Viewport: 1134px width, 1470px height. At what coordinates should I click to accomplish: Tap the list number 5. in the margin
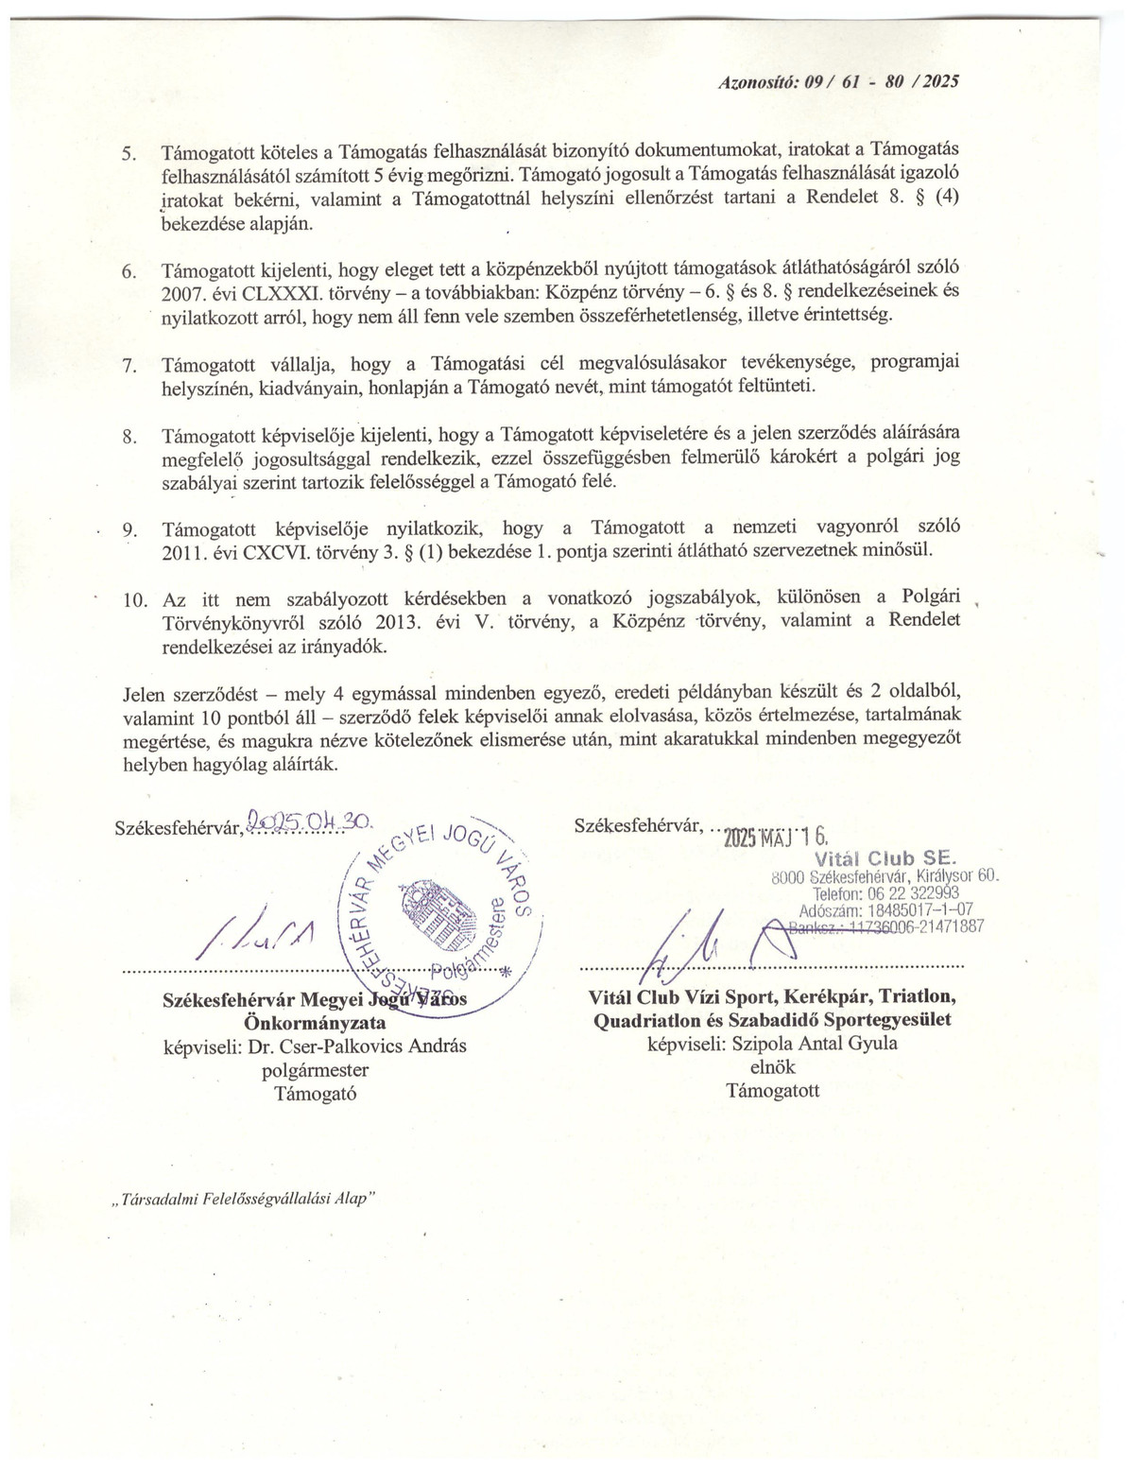129,153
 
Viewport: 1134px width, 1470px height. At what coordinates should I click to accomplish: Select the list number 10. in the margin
135,600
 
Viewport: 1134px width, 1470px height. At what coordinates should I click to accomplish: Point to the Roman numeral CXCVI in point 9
275,550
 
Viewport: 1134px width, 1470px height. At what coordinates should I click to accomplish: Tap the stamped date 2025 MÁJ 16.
775,836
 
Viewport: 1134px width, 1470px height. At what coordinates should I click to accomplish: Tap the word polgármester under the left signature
315,1070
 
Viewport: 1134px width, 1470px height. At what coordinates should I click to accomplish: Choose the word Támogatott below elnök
772,1090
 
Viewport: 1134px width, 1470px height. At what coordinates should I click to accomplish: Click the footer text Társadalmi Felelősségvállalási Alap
244,1197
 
